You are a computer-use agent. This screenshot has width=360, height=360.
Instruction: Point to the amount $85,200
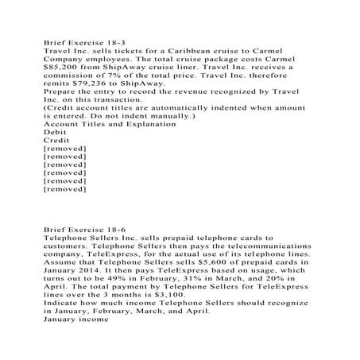point(66,68)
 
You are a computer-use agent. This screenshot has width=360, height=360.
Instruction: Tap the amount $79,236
point(103,83)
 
